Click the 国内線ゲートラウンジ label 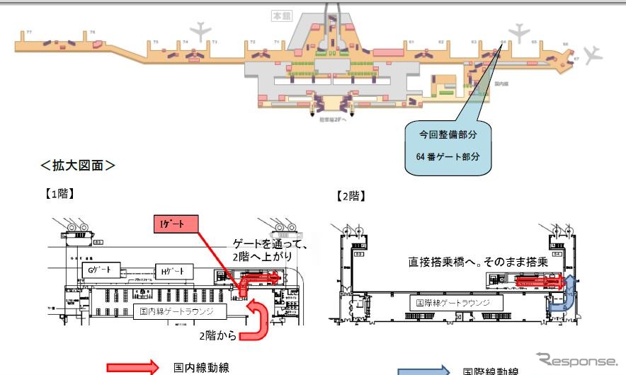point(179,311)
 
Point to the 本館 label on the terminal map point(281,15)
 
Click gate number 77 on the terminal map point(29,33)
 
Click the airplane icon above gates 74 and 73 point(203,30)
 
